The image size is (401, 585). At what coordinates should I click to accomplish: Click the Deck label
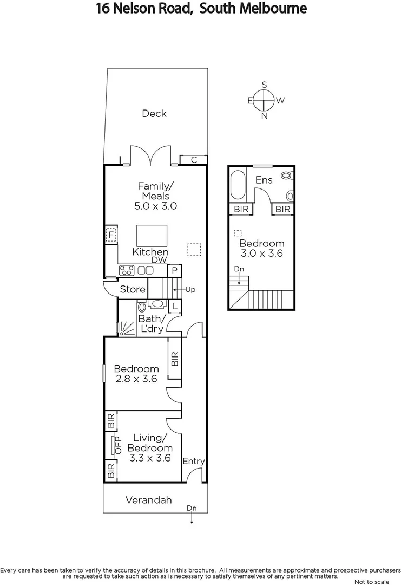coord(154,113)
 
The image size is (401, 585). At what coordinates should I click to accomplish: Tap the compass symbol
coord(265,100)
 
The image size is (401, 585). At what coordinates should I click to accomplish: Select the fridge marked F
coord(111,236)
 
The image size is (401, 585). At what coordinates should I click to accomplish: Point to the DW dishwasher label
coord(159,260)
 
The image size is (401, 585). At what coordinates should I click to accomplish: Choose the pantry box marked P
coord(175,270)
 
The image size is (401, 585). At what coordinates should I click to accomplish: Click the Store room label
coord(133,289)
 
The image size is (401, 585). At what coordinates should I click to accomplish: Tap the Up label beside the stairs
coord(190,290)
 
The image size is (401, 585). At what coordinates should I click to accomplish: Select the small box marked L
coord(175,307)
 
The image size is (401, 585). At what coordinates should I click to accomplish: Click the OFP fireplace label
coord(117,445)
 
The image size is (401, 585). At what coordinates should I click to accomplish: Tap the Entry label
coord(193,461)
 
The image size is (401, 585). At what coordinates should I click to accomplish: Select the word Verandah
coord(149,500)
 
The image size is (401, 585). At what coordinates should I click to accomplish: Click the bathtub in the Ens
coord(238,185)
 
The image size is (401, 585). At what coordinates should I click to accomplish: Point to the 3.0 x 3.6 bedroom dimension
coord(262,253)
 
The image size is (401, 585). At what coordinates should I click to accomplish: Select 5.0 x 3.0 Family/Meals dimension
coord(156,206)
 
